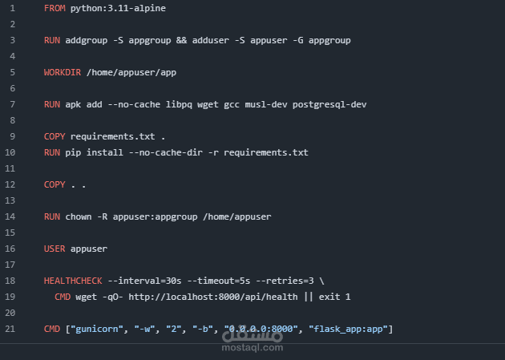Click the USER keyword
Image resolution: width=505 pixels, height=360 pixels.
coord(55,249)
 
